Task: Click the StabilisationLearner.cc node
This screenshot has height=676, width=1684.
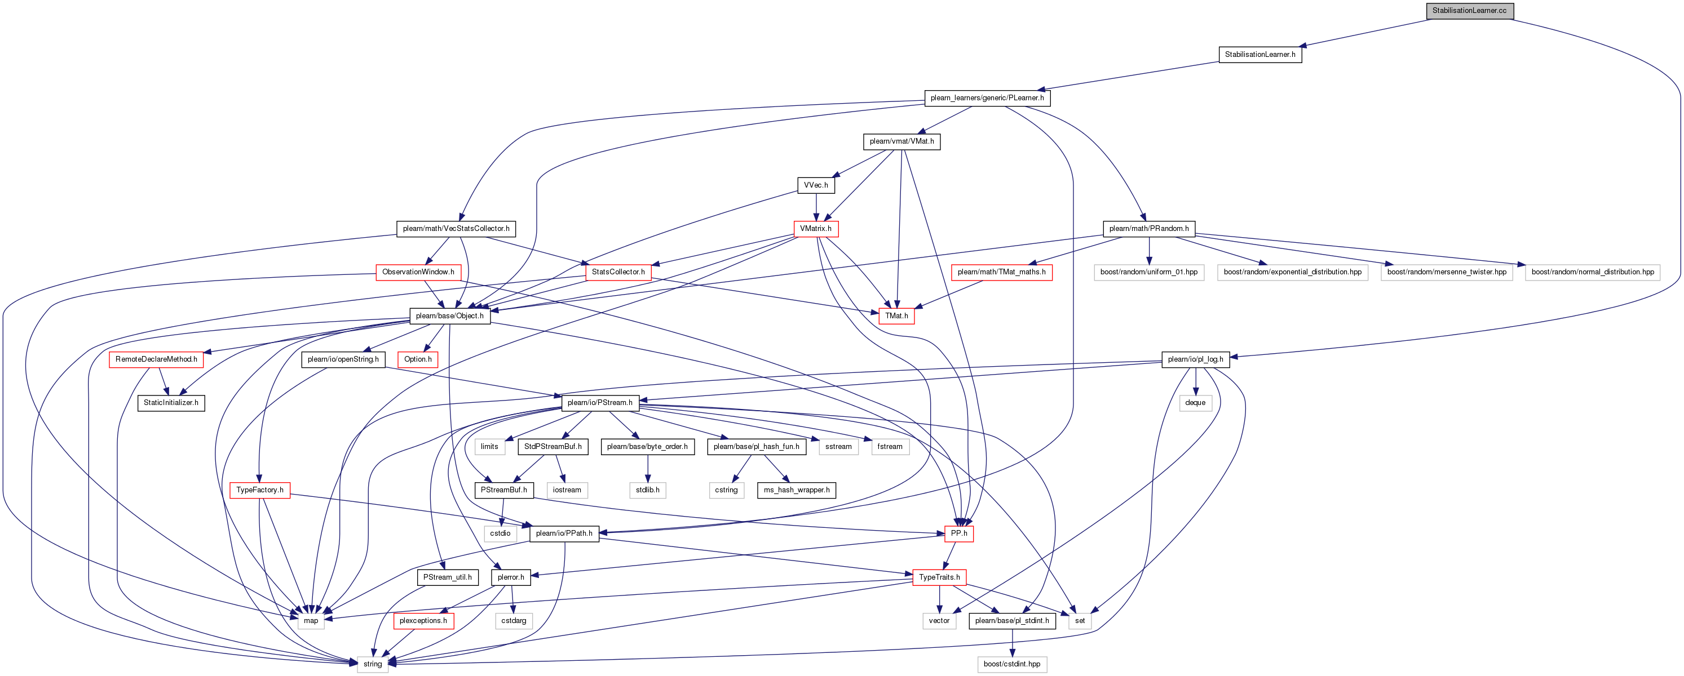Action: (x=1469, y=11)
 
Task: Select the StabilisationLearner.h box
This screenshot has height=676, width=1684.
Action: (x=1259, y=54)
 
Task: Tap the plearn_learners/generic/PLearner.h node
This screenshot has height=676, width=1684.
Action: (x=987, y=98)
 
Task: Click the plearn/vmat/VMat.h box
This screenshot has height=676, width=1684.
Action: (x=901, y=141)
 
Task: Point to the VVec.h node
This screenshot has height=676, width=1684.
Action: (x=816, y=185)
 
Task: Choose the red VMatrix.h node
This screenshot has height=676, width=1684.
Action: (x=816, y=229)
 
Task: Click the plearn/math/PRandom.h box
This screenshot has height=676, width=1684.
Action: (x=1148, y=229)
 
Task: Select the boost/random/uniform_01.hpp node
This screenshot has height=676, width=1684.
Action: (x=1148, y=272)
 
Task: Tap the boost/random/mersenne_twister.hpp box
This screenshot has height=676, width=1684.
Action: (x=1447, y=272)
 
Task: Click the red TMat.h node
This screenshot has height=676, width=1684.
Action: (x=896, y=315)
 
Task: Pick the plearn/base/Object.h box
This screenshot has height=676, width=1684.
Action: (x=450, y=315)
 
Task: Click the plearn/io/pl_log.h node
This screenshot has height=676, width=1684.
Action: (x=1196, y=359)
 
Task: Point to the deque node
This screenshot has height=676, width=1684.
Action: (x=1195, y=402)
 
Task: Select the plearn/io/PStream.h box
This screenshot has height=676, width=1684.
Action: (x=600, y=402)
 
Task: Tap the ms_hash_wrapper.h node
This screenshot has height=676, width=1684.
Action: (x=796, y=490)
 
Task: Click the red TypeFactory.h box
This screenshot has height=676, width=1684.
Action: (x=259, y=490)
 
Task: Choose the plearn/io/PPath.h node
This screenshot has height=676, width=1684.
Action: (x=564, y=533)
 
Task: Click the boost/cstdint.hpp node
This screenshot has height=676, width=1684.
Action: (x=1012, y=664)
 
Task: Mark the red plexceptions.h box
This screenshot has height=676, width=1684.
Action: (x=423, y=620)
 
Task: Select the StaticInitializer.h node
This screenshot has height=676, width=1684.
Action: (x=171, y=402)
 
